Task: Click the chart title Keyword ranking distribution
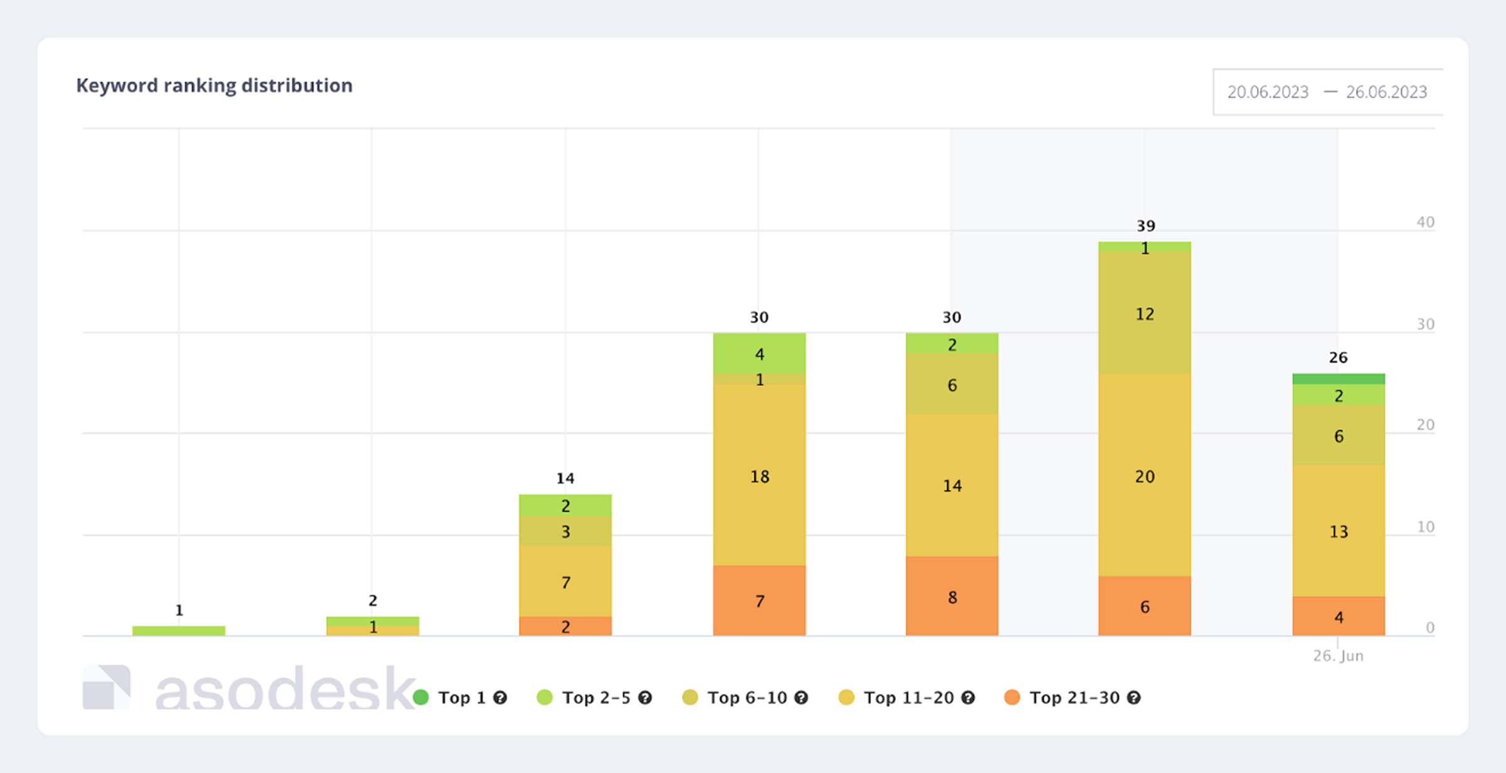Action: pyautogui.click(x=214, y=85)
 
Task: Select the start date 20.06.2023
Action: pyautogui.click(x=1268, y=92)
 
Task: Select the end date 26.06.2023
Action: pyautogui.click(x=1386, y=92)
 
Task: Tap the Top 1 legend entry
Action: pyautogui.click(x=461, y=698)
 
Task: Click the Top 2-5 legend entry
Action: pyautogui.click(x=595, y=698)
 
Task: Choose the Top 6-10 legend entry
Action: pyautogui.click(x=745, y=698)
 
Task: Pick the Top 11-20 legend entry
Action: pyautogui.click(x=907, y=698)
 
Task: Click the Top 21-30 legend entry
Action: pyautogui.click(x=1073, y=698)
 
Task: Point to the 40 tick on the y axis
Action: pyautogui.click(x=1425, y=222)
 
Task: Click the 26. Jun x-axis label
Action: pyautogui.click(x=1338, y=656)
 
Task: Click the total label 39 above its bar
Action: pyautogui.click(x=1145, y=226)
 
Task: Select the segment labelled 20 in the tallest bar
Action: pyautogui.click(x=1145, y=476)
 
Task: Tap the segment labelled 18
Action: pyautogui.click(x=759, y=476)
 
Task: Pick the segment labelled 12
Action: pyautogui.click(x=1145, y=313)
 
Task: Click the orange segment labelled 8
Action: pyautogui.click(x=952, y=597)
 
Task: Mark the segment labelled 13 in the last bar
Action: pyautogui.click(x=1338, y=531)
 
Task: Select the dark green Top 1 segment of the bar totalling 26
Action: pyautogui.click(x=1338, y=379)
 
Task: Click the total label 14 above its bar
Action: pyautogui.click(x=565, y=479)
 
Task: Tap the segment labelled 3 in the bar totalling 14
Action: pyautogui.click(x=565, y=531)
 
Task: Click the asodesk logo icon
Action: pyautogui.click(x=107, y=687)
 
